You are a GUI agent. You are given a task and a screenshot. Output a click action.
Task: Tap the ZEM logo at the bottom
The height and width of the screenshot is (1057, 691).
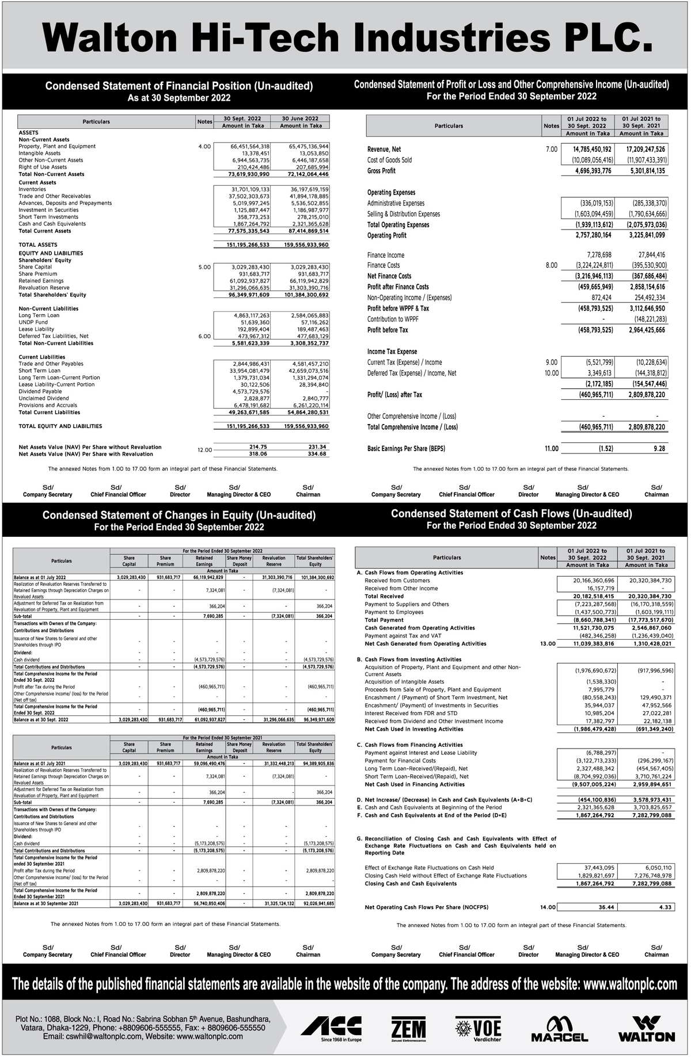pyautogui.click(x=408, y=1028)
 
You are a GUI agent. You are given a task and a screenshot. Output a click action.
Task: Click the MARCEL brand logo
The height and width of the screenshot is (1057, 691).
pyautogui.click(x=559, y=1028)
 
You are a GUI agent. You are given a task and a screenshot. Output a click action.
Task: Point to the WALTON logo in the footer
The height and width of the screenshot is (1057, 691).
pyautogui.click(x=646, y=1028)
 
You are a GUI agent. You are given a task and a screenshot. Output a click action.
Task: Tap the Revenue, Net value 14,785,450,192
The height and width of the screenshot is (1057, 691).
pyautogui.click(x=587, y=150)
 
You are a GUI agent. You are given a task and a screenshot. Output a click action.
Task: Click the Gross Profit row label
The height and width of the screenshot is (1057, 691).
pyautogui.click(x=381, y=171)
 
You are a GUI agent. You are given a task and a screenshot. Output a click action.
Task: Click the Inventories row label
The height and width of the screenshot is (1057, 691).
pyautogui.click(x=32, y=189)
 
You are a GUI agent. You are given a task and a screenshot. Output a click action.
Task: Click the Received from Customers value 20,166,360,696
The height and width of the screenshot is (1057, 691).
pyautogui.click(x=586, y=581)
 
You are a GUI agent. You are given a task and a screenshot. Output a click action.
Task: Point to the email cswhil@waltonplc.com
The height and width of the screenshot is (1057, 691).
pyautogui.click(x=92, y=1036)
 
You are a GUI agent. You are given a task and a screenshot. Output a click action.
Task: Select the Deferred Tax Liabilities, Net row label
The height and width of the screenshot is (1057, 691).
pyautogui.click(x=54, y=336)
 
